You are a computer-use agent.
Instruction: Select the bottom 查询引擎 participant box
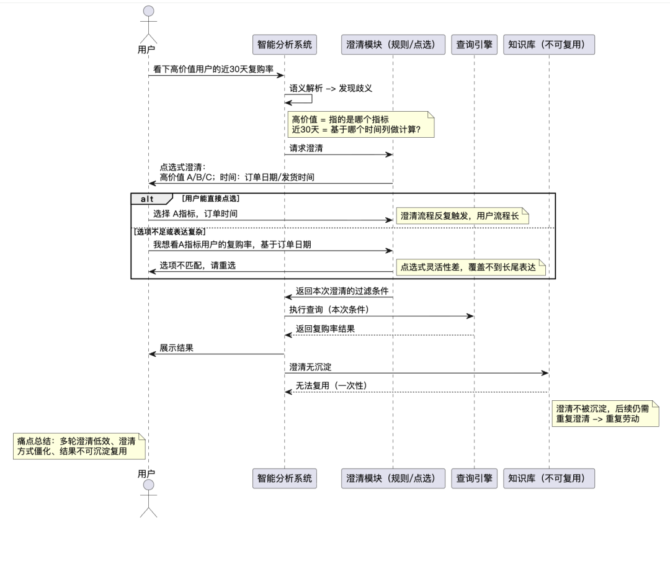tap(475, 478)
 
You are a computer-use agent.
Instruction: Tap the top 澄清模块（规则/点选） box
tap(393, 45)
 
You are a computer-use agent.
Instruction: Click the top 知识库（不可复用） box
tap(549, 45)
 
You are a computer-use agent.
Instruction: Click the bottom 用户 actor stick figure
tap(148, 500)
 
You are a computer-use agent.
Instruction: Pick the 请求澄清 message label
tap(306, 148)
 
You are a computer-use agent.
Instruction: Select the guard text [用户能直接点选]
tap(210, 199)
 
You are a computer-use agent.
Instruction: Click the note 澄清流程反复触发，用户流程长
tap(463, 216)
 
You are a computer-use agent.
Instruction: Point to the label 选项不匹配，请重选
tap(197, 265)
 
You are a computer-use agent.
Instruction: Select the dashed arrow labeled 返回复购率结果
tap(378, 335)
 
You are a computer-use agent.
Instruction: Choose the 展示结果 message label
tap(176, 348)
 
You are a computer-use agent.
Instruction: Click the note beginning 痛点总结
tap(78, 446)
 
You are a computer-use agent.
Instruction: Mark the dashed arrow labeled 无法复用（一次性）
tap(416, 392)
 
